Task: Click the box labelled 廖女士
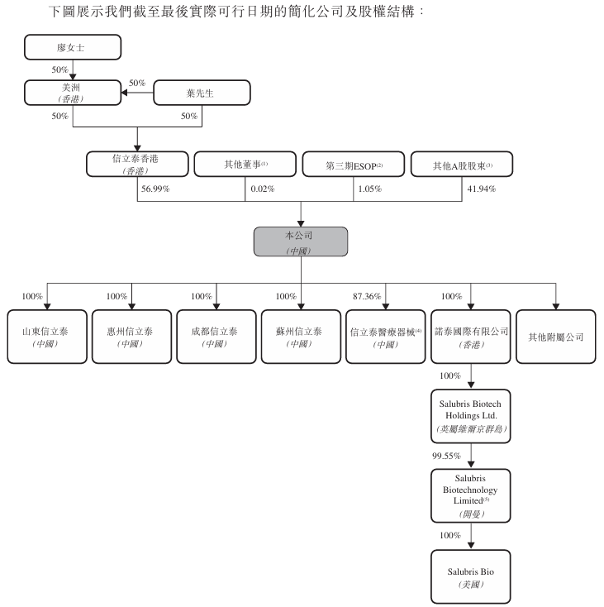[73, 48]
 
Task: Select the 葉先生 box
[202, 93]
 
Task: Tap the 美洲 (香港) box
[73, 93]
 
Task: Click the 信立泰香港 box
[136, 164]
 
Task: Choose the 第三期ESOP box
[353, 164]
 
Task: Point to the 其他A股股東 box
[462, 164]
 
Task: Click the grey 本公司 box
[300, 241]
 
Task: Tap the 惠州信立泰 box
[131, 337]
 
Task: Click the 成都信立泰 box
[216, 337]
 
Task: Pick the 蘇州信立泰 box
[300, 337]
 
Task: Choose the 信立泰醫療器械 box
[385, 337]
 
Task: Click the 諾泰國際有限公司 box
[470, 337]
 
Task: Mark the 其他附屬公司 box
[555, 337]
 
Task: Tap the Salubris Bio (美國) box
[470, 577]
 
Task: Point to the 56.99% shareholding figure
[155, 189]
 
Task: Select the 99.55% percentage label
[445, 455]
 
